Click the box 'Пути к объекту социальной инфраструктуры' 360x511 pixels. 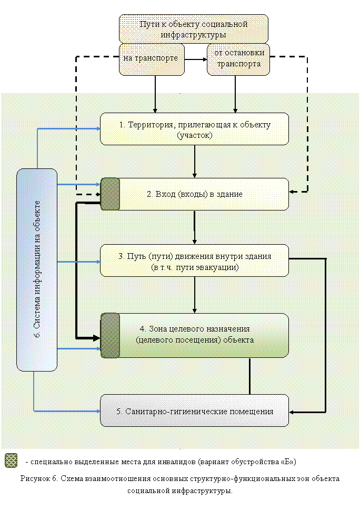point(194,28)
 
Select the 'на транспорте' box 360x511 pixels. point(152,59)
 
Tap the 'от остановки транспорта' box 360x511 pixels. point(238,59)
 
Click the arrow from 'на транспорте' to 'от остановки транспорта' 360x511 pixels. point(196,59)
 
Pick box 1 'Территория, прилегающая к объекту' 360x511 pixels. point(195,129)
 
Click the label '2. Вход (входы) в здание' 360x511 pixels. point(195,194)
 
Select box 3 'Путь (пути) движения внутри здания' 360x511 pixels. point(195,260)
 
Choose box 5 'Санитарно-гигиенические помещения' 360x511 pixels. point(195,410)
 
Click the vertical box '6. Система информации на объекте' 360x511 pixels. point(37,270)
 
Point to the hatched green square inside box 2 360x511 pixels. point(110,194)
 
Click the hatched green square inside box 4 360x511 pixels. point(110,336)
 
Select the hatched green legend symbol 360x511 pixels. point(11,460)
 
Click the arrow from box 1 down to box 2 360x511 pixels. point(195,162)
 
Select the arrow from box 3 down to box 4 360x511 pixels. point(195,295)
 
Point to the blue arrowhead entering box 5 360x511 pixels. point(98,412)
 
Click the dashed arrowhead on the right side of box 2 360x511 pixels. point(292,192)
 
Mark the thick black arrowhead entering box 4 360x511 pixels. point(97,338)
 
